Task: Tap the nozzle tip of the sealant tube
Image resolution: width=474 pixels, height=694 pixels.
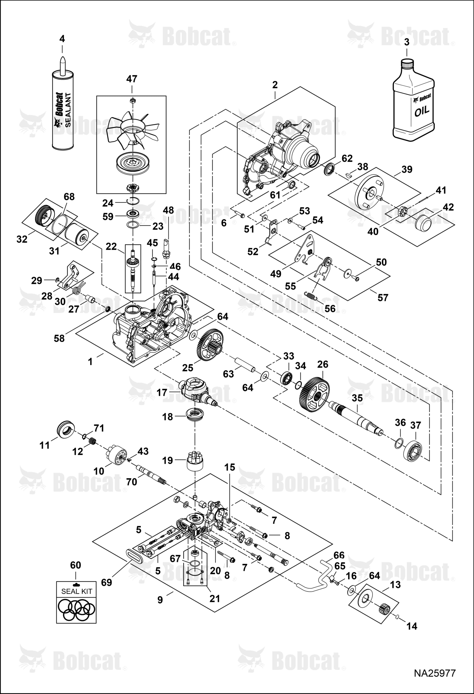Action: [x=62, y=58]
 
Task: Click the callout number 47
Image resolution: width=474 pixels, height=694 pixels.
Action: [x=132, y=79]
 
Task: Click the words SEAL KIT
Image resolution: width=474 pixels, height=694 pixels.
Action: [x=77, y=591]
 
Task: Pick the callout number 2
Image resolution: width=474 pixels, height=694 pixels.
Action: [x=275, y=85]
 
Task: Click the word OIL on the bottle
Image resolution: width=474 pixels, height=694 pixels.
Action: [x=422, y=111]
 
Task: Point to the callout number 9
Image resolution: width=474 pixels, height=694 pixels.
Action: [x=160, y=599]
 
